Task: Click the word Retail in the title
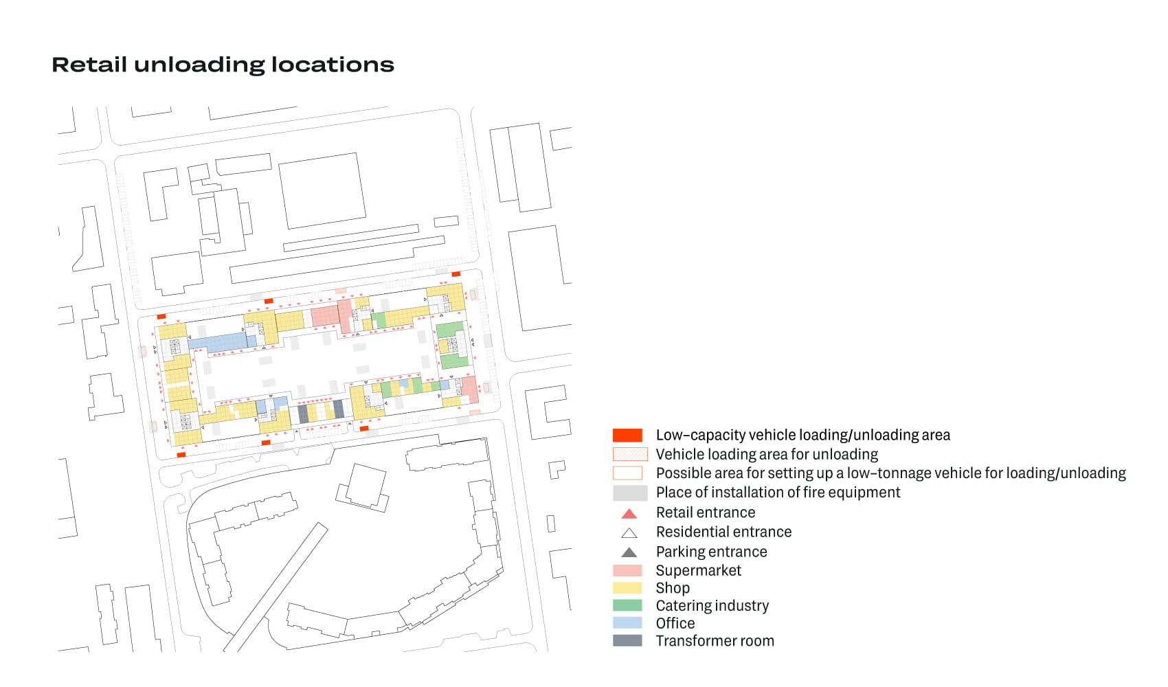pyautogui.click(x=89, y=65)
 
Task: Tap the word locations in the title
pyautogui.click(x=333, y=65)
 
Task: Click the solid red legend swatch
pyautogui.click(x=627, y=435)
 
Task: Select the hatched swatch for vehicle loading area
pyautogui.click(x=630, y=454)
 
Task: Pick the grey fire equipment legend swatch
pyautogui.click(x=630, y=493)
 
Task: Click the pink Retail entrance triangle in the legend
pyautogui.click(x=629, y=513)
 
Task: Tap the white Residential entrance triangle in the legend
pyautogui.click(x=629, y=532)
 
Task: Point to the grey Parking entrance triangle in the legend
pyautogui.click(x=629, y=552)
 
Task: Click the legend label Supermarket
pyautogui.click(x=698, y=570)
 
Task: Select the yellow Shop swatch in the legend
pyautogui.click(x=627, y=588)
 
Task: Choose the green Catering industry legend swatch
pyautogui.click(x=627, y=605)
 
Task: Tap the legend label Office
pyautogui.click(x=675, y=623)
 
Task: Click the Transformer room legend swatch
pyautogui.click(x=627, y=640)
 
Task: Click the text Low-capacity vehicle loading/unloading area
pyautogui.click(x=802, y=435)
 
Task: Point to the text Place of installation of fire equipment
pyautogui.click(x=777, y=493)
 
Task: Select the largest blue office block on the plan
pyautogui.click(x=218, y=342)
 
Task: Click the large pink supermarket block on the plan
pyautogui.click(x=325, y=316)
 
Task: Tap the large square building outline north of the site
pyautogui.click(x=322, y=190)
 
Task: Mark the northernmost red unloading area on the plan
pyautogui.click(x=456, y=274)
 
